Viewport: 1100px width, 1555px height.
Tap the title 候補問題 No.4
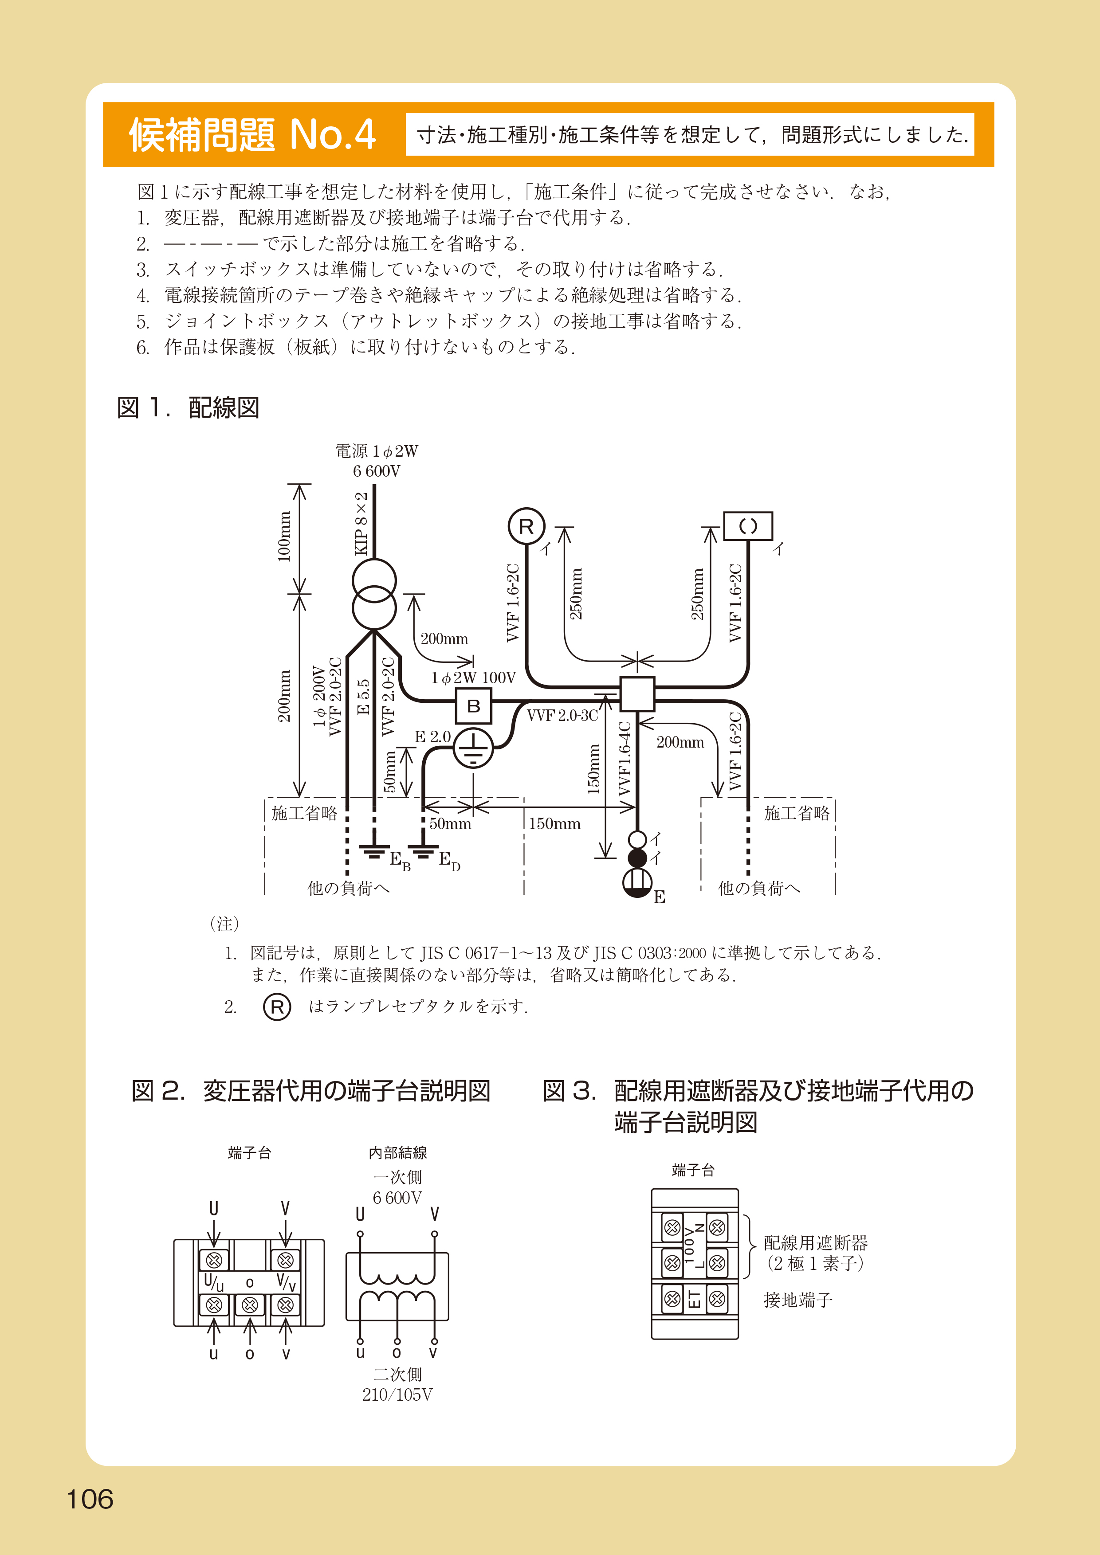[252, 135]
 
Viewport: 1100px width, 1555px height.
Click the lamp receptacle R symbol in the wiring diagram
[526, 526]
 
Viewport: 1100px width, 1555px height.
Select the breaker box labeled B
[473, 706]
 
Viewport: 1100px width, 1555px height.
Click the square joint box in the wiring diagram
[637, 693]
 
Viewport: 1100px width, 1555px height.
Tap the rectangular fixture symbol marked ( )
[748, 526]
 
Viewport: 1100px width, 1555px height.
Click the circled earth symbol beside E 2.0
[473, 747]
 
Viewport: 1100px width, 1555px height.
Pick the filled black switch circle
[637, 858]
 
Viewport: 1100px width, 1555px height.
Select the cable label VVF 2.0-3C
[562, 716]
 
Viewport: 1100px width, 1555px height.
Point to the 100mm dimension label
[284, 537]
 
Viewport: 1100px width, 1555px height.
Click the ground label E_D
[449, 862]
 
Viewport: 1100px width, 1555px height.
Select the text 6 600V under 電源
[377, 471]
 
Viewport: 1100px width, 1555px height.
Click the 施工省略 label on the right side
[797, 813]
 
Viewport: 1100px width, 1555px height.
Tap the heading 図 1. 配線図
[189, 408]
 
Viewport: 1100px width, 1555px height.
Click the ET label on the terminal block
[694, 1298]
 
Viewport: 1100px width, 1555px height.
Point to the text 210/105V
[397, 1394]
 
